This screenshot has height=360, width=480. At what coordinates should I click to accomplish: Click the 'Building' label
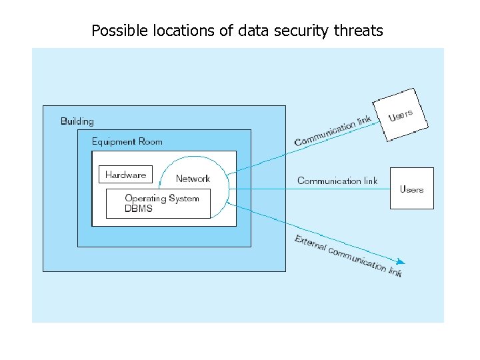tap(77, 121)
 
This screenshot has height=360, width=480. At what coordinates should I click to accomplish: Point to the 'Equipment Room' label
tap(127, 141)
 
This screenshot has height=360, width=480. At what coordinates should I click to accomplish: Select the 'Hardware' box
tap(125, 175)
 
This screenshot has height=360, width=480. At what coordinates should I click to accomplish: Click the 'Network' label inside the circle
tap(193, 179)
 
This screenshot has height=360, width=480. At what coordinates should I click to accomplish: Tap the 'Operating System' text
tap(162, 198)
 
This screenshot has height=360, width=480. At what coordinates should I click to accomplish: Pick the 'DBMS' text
tap(139, 208)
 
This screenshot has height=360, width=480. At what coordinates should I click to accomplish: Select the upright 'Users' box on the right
tap(411, 189)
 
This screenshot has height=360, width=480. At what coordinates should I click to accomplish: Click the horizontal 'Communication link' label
tap(337, 181)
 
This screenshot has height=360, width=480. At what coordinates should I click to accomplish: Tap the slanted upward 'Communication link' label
tap(333, 131)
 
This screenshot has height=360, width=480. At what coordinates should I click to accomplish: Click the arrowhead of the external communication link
tap(401, 262)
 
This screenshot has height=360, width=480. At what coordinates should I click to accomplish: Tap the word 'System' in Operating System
tap(184, 198)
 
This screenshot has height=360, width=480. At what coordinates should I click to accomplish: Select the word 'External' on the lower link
tap(310, 243)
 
